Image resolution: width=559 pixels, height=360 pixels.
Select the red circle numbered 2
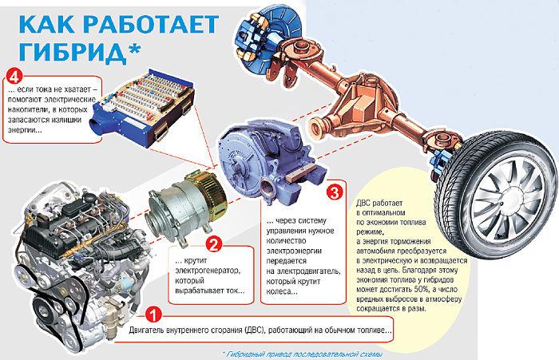click(x=212, y=243)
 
